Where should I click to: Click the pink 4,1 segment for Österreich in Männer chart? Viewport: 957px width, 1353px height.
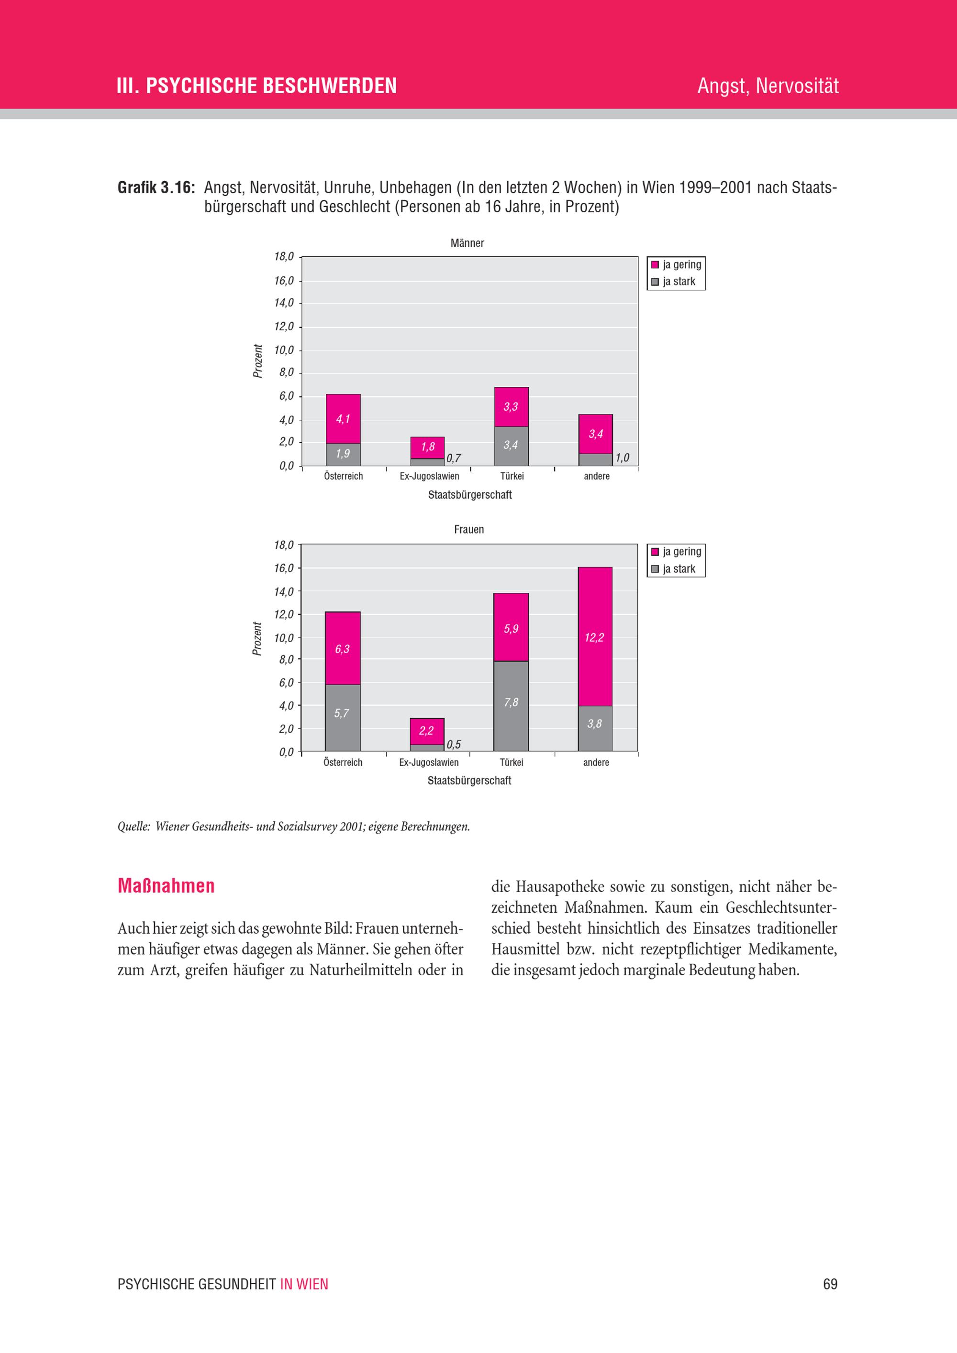pos(343,418)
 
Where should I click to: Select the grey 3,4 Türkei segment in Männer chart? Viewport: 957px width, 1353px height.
pos(511,446)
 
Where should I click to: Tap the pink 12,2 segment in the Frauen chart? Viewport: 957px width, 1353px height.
pos(595,636)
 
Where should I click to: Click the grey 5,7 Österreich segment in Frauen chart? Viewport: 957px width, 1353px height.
pos(343,717)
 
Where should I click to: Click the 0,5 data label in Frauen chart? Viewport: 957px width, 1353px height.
pos(454,744)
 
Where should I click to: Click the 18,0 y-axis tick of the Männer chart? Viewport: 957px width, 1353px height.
pos(284,256)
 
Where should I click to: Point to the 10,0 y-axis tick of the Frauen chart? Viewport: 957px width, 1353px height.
pos(284,638)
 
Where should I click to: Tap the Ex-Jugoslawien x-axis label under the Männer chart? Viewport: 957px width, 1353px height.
pos(429,476)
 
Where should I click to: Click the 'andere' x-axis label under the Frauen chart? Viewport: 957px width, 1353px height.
pos(596,763)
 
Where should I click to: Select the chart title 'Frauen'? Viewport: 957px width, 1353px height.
pos(469,529)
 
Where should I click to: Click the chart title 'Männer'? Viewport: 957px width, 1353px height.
pos(467,243)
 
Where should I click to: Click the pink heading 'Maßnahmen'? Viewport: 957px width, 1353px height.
pos(166,886)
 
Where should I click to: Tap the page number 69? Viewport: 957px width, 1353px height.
pos(830,1284)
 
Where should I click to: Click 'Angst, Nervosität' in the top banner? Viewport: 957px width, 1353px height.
pos(768,86)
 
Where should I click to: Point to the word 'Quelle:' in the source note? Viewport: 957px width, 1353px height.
pos(133,826)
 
